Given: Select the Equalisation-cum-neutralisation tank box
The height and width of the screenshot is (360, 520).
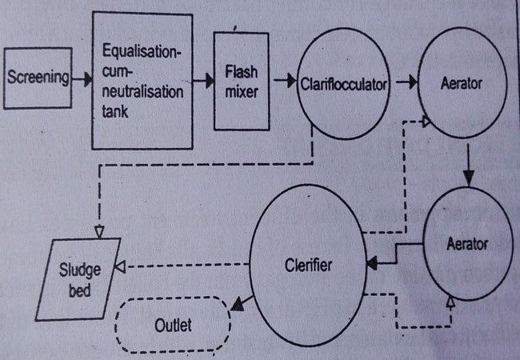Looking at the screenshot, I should [142, 80].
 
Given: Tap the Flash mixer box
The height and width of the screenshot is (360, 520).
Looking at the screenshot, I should [240, 80].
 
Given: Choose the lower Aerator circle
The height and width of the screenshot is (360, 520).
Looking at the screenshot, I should [466, 243].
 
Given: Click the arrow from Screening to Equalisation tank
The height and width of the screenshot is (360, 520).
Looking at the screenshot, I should [81, 78].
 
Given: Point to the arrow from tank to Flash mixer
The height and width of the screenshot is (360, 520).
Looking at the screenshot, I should [204, 80].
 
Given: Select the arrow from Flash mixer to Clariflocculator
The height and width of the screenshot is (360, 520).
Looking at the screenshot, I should [282, 80].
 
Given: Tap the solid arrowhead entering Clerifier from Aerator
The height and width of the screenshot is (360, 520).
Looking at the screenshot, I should [372, 262].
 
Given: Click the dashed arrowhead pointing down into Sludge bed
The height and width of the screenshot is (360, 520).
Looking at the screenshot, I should [99, 231].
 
